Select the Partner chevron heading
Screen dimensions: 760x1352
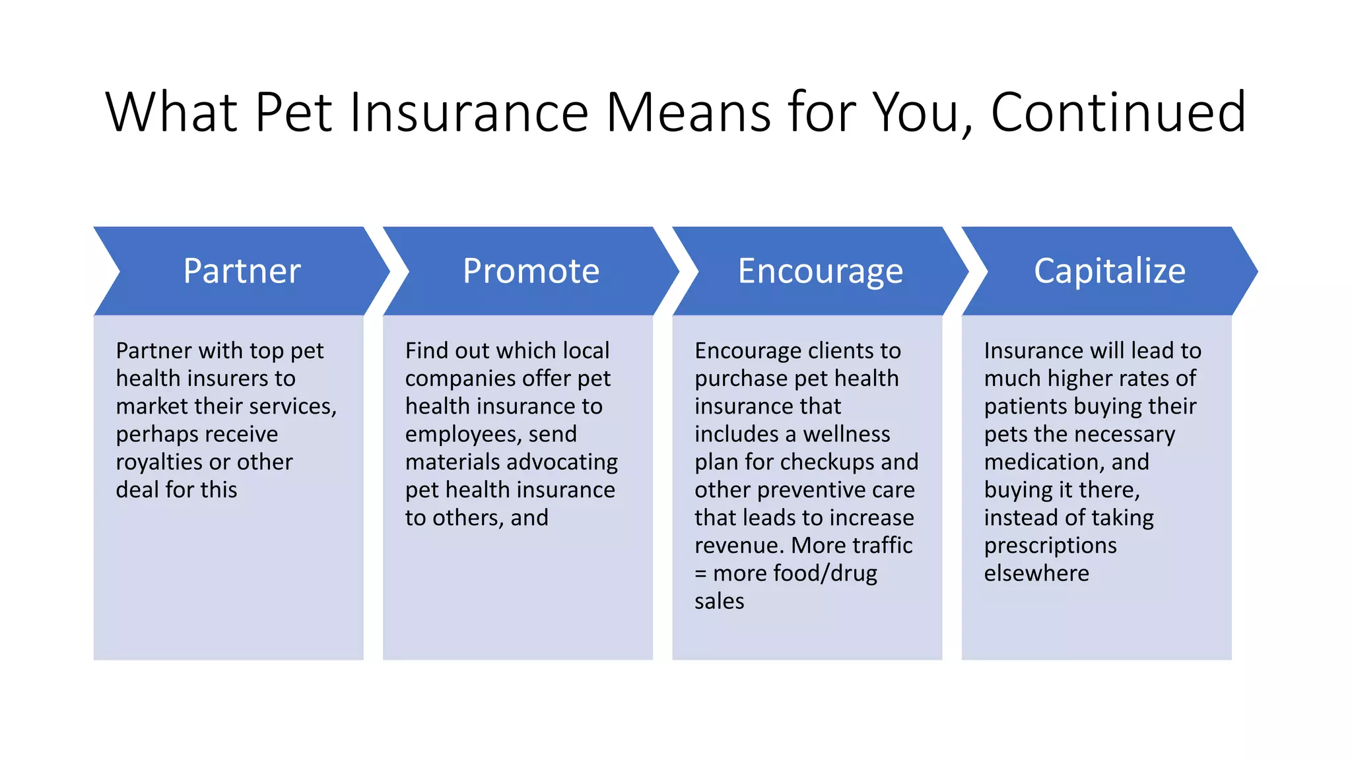(x=242, y=270)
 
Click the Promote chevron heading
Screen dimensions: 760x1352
(x=531, y=270)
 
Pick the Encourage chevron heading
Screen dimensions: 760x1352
(x=820, y=270)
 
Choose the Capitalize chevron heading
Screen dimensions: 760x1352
(x=1109, y=270)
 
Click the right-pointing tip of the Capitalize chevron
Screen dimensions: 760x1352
(x=1253, y=270)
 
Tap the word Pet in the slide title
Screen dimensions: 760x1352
(x=293, y=112)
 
